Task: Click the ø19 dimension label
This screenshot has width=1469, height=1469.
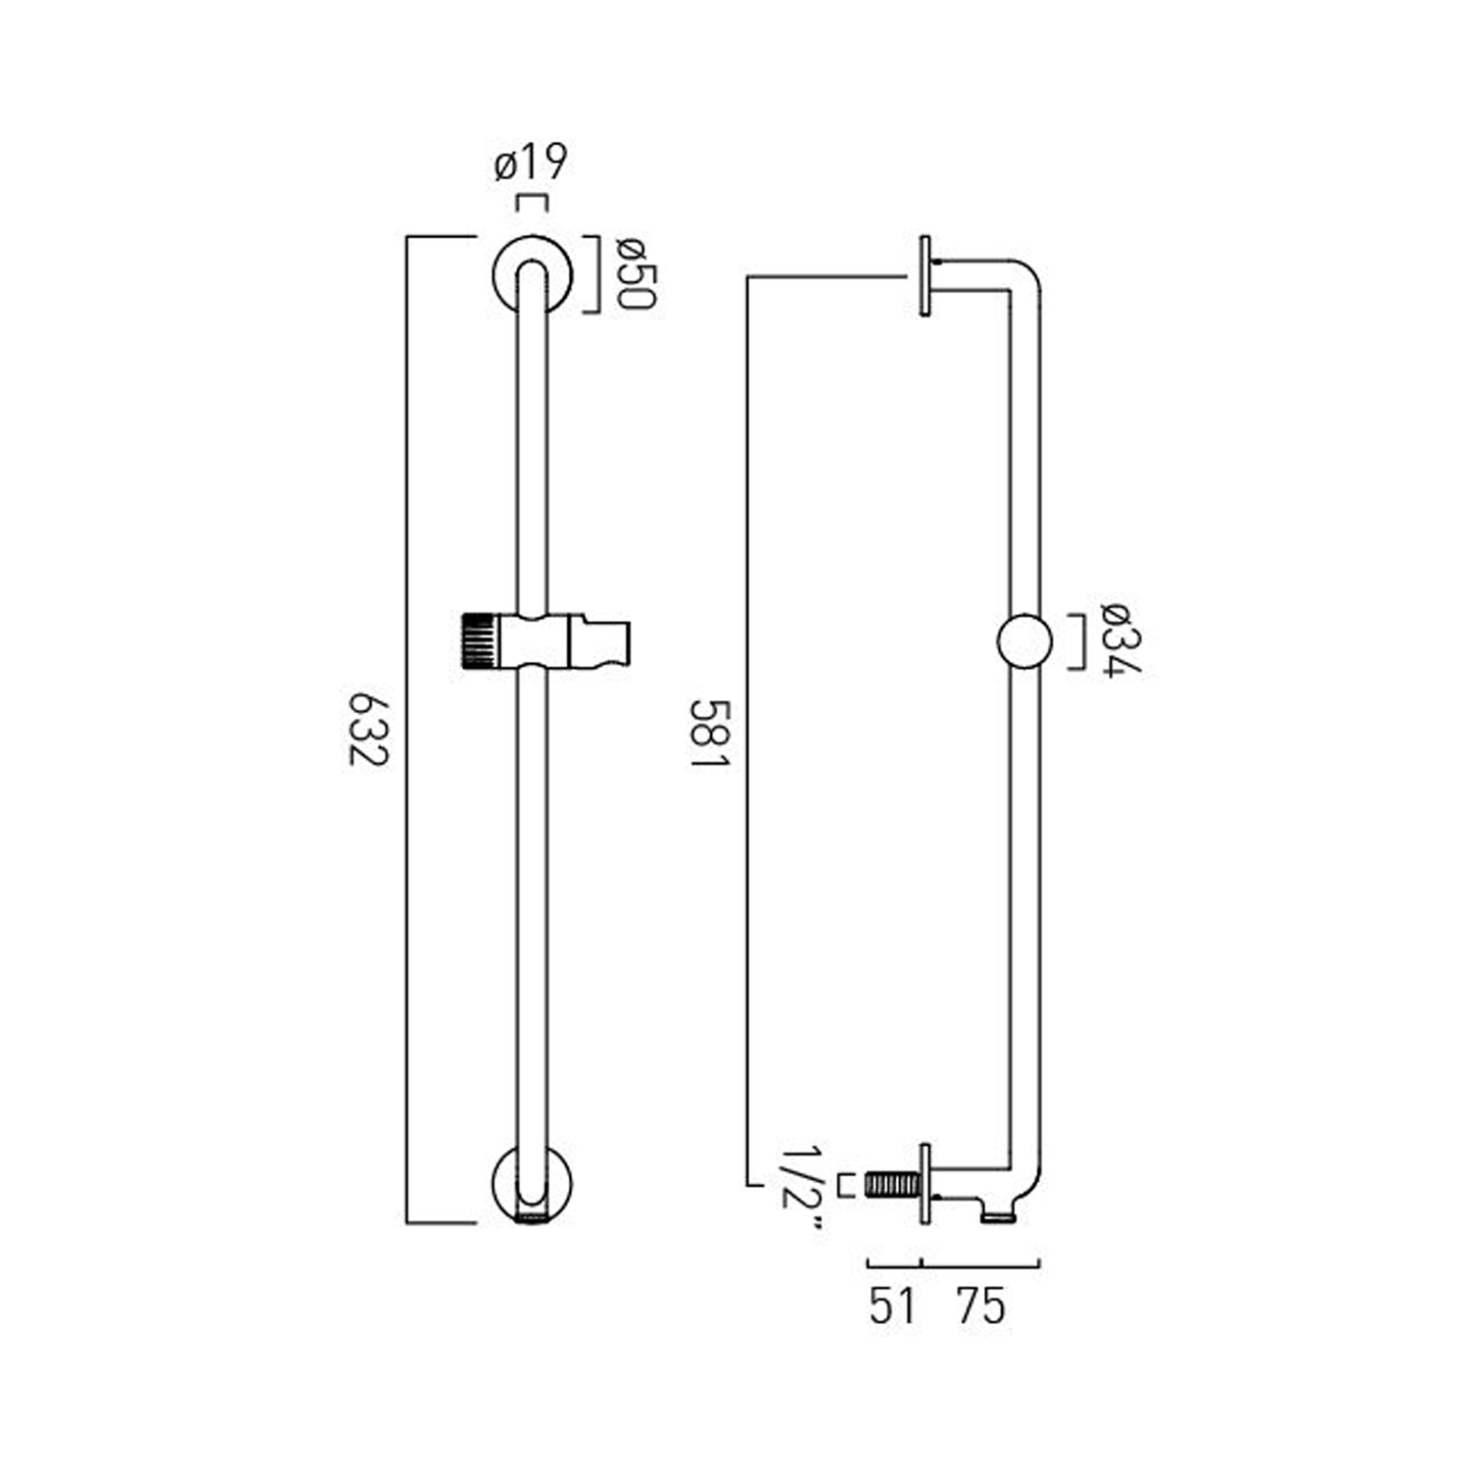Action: tap(531, 164)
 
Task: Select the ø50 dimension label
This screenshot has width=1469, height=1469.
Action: tap(634, 274)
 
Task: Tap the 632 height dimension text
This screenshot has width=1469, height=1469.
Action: tap(370, 731)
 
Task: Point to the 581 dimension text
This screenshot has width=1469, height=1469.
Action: tap(709, 733)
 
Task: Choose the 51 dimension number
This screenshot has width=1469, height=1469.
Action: tap(892, 1305)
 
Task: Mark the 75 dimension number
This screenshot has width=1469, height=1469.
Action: tap(981, 1305)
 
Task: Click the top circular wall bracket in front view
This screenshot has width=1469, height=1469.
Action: tap(532, 275)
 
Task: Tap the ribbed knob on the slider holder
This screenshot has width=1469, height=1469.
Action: tap(478, 641)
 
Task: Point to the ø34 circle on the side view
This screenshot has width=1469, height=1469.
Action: tap(1024, 642)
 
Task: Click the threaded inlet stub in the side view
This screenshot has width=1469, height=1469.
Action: tap(892, 1185)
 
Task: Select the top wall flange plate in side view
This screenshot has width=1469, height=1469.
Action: tap(925, 276)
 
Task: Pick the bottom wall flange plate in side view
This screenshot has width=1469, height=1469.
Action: tap(925, 1183)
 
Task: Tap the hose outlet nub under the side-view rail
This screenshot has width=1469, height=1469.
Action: tap(999, 1215)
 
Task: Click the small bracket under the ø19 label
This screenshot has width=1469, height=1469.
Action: tap(532, 203)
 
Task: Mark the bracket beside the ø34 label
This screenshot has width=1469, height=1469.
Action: tap(1077, 642)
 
